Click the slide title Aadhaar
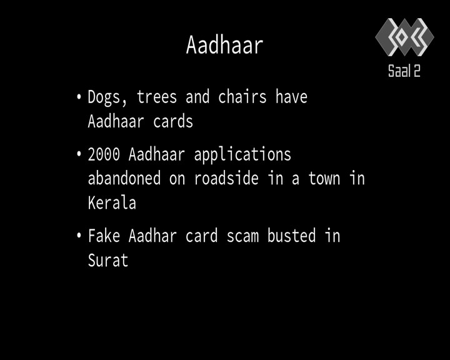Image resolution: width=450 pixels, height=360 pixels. coord(225,45)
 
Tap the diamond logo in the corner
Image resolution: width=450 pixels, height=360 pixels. coord(404,37)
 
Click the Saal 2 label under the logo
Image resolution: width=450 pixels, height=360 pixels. coord(404,71)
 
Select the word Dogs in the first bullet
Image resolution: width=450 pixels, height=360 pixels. coord(104,98)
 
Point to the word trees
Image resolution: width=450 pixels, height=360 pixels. coord(157,97)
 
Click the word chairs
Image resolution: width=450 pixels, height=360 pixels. coord(242,97)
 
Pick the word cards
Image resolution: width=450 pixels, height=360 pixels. coord(173,121)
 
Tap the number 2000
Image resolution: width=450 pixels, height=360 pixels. coord(104,154)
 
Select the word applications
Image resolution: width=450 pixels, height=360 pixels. coord(242,155)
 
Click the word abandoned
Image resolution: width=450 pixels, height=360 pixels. coord(124,178)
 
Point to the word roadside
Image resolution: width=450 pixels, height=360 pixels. coord(226,178)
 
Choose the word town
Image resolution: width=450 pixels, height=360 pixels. coord(324,179)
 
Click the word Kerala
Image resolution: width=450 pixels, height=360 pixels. coord(112,202)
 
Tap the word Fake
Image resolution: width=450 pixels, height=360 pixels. coord(104,236)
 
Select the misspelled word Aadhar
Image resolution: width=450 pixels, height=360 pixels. coord(152,236)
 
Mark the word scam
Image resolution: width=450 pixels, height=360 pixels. coord(242,236)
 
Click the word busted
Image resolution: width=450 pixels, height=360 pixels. coord(292,236)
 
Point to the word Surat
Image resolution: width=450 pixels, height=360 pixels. coord(108,261)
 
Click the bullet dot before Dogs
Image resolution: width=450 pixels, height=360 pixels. coord(79,96)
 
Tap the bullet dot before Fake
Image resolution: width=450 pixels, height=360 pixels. coord(79,236)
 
